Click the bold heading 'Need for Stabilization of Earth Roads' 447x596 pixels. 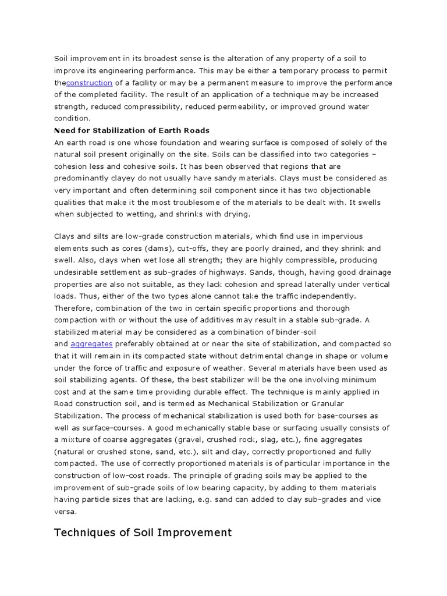[x=132, y=130]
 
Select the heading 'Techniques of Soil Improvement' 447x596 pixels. [x=143, y=532]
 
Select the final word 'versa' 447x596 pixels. [x=66, y=512]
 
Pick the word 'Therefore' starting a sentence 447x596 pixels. [x=73, y=308]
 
